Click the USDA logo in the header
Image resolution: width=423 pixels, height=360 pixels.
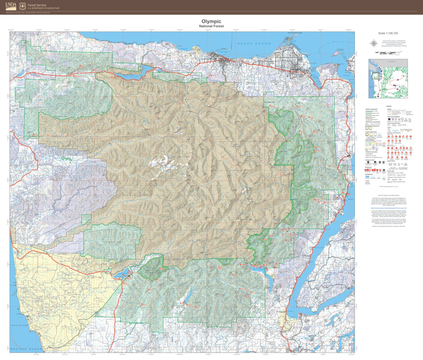click(11, 6)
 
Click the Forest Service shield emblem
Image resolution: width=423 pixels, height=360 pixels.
click(23, 6)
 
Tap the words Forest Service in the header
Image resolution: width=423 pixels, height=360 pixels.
click(37, 5)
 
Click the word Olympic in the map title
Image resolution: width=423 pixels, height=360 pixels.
click(211, 21)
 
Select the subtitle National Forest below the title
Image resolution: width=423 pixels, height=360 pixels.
click(211, 26)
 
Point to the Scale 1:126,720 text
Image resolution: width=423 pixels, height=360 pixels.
click(388, 33)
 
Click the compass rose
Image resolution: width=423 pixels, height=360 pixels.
click(374, 44)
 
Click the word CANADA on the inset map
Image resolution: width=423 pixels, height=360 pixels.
click(391, 61)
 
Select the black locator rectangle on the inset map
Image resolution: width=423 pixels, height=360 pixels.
click(375, 76)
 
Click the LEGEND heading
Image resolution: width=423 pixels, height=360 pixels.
click(388, 106)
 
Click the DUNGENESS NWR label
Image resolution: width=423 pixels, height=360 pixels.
click(294, 33)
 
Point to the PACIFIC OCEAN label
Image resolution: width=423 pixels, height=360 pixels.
click(26, 349)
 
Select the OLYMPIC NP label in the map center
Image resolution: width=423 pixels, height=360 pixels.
click(181, 157)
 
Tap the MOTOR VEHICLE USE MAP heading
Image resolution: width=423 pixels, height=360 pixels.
click(388, 195)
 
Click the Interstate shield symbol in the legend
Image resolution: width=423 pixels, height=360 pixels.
click(389, 119)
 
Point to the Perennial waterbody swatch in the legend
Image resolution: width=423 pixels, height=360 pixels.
click(367, 176)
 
